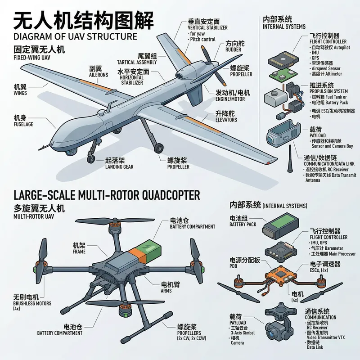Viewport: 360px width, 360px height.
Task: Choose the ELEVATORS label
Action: [x=227, y=121]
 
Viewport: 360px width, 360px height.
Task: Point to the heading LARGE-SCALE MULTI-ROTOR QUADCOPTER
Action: [x=107, y=195]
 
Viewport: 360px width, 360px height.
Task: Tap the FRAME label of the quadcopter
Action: [x=79, y=252]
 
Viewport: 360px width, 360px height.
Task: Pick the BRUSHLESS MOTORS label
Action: [x=26, y=304]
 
